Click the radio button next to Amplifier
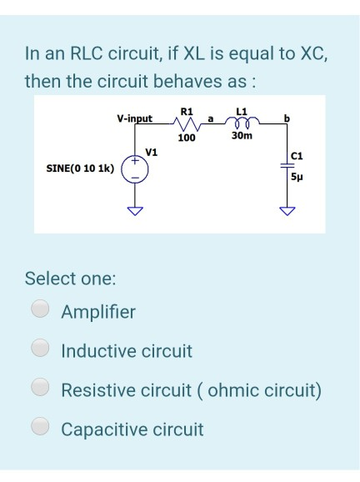click(x=40, y=311)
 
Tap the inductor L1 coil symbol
click(x=242, y=123)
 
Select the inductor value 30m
click(x=242, y=136)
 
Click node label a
click(x=212, y=118)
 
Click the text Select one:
click(x=70, y=277)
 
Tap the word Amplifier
click(x=97, y=312)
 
